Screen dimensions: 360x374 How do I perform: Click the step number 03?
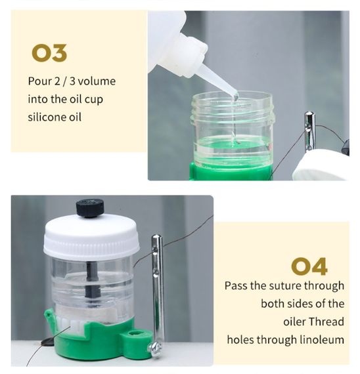(x=49, y=53)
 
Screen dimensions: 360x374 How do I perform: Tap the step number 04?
(x=309, y=266)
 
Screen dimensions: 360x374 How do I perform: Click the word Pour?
(x=39, y=81)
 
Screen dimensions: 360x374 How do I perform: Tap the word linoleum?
(x=321, y=340)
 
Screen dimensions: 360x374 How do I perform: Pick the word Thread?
(x=328, y=322)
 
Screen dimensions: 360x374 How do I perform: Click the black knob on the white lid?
(x=90, y=208)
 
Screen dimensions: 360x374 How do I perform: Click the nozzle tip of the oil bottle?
(x=235, y=96)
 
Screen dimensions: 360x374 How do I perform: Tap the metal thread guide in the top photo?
(x=309, y=131)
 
